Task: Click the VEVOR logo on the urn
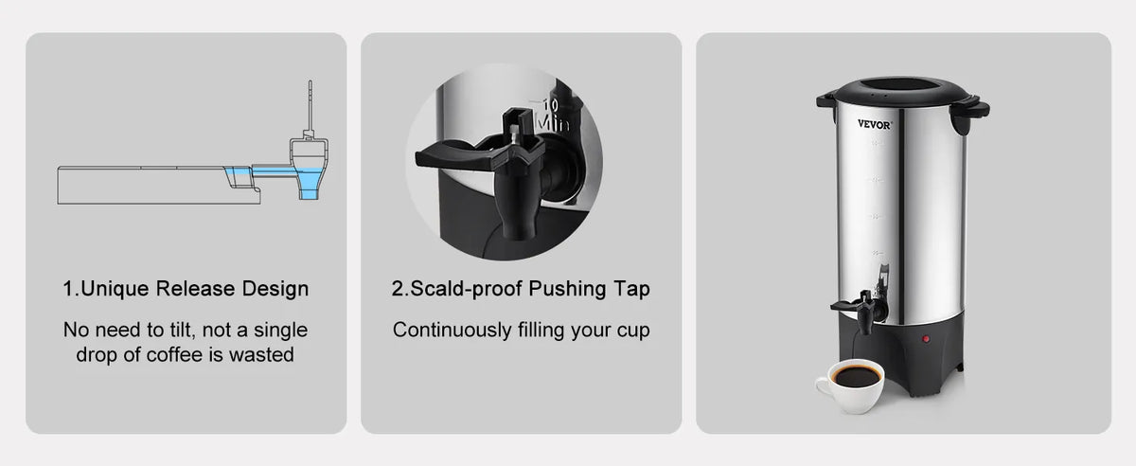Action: pyautogui.click(x=874, y=124)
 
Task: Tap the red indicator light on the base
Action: pyautogui.click(x=926, y=338)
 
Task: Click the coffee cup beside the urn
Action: pyautogui.click(x=850, y=385)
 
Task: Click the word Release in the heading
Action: pyautogui.click(x=195, y=288)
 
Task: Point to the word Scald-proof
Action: pyautogui.click(x=466, y=289)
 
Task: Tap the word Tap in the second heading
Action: pyautogui.click(x=631, y=289)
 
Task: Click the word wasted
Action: pyautogui.click(x=261, y=354)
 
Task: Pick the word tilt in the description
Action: pyautogui.click(x=182, y=330)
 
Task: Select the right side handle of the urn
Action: pyautogui.click(x=969, y=114)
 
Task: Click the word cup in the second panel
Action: pyautogui.click(x=633, y=331)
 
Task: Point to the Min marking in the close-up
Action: pyautogui.click(x=553, y=122)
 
